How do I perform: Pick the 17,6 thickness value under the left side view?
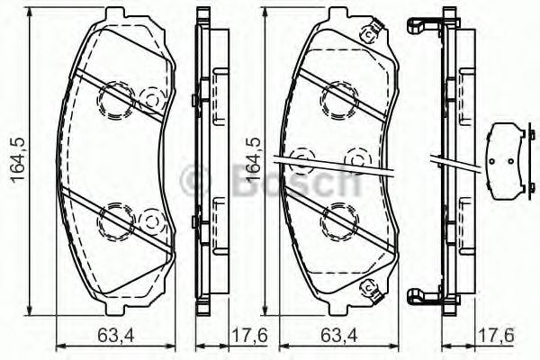(x=232, y=338)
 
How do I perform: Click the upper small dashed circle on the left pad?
(x=151, y=97)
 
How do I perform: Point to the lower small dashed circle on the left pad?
(x=151, y=219)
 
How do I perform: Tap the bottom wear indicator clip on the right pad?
(x=368, y=287)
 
